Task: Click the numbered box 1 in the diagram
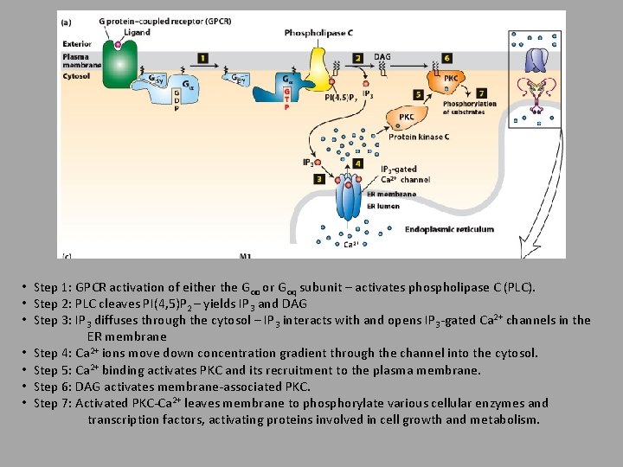[202, 58]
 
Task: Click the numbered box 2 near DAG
[358, 58]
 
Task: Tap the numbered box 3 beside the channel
[319, 179]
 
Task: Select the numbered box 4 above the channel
[358, 163]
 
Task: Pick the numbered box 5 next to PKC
[419, 94]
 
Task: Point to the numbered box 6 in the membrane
[446, 58]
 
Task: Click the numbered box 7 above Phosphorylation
[481, 93]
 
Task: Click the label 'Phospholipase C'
[318, 33]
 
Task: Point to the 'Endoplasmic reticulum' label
[455, 229]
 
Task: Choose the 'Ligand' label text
[136, 33]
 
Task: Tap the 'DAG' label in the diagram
[382, 56]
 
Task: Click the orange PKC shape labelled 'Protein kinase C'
[405, 118]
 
